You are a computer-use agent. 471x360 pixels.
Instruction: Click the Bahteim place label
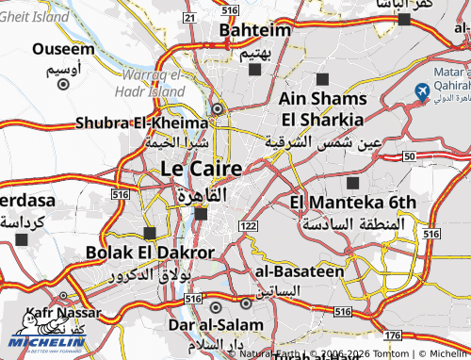click(x=254, y=31)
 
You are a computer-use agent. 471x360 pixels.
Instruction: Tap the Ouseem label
click(x=63, y=49)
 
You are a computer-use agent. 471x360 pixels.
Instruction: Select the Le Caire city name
click(x=202, y=170)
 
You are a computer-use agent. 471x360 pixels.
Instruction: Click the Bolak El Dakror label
click(x=150, y=253)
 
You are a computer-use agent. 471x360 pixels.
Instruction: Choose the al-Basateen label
click(x=299, y=270)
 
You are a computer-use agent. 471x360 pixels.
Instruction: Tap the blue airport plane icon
click(x=421, y=90)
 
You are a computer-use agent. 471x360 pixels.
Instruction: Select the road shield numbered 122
click(x=249, y=226)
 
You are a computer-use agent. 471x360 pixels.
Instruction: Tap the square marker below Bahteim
click(x=254, y=69)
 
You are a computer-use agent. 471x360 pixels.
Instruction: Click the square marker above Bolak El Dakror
click(x=150, y=232)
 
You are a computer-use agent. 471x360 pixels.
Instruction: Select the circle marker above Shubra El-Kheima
click(x=219, y=108)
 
